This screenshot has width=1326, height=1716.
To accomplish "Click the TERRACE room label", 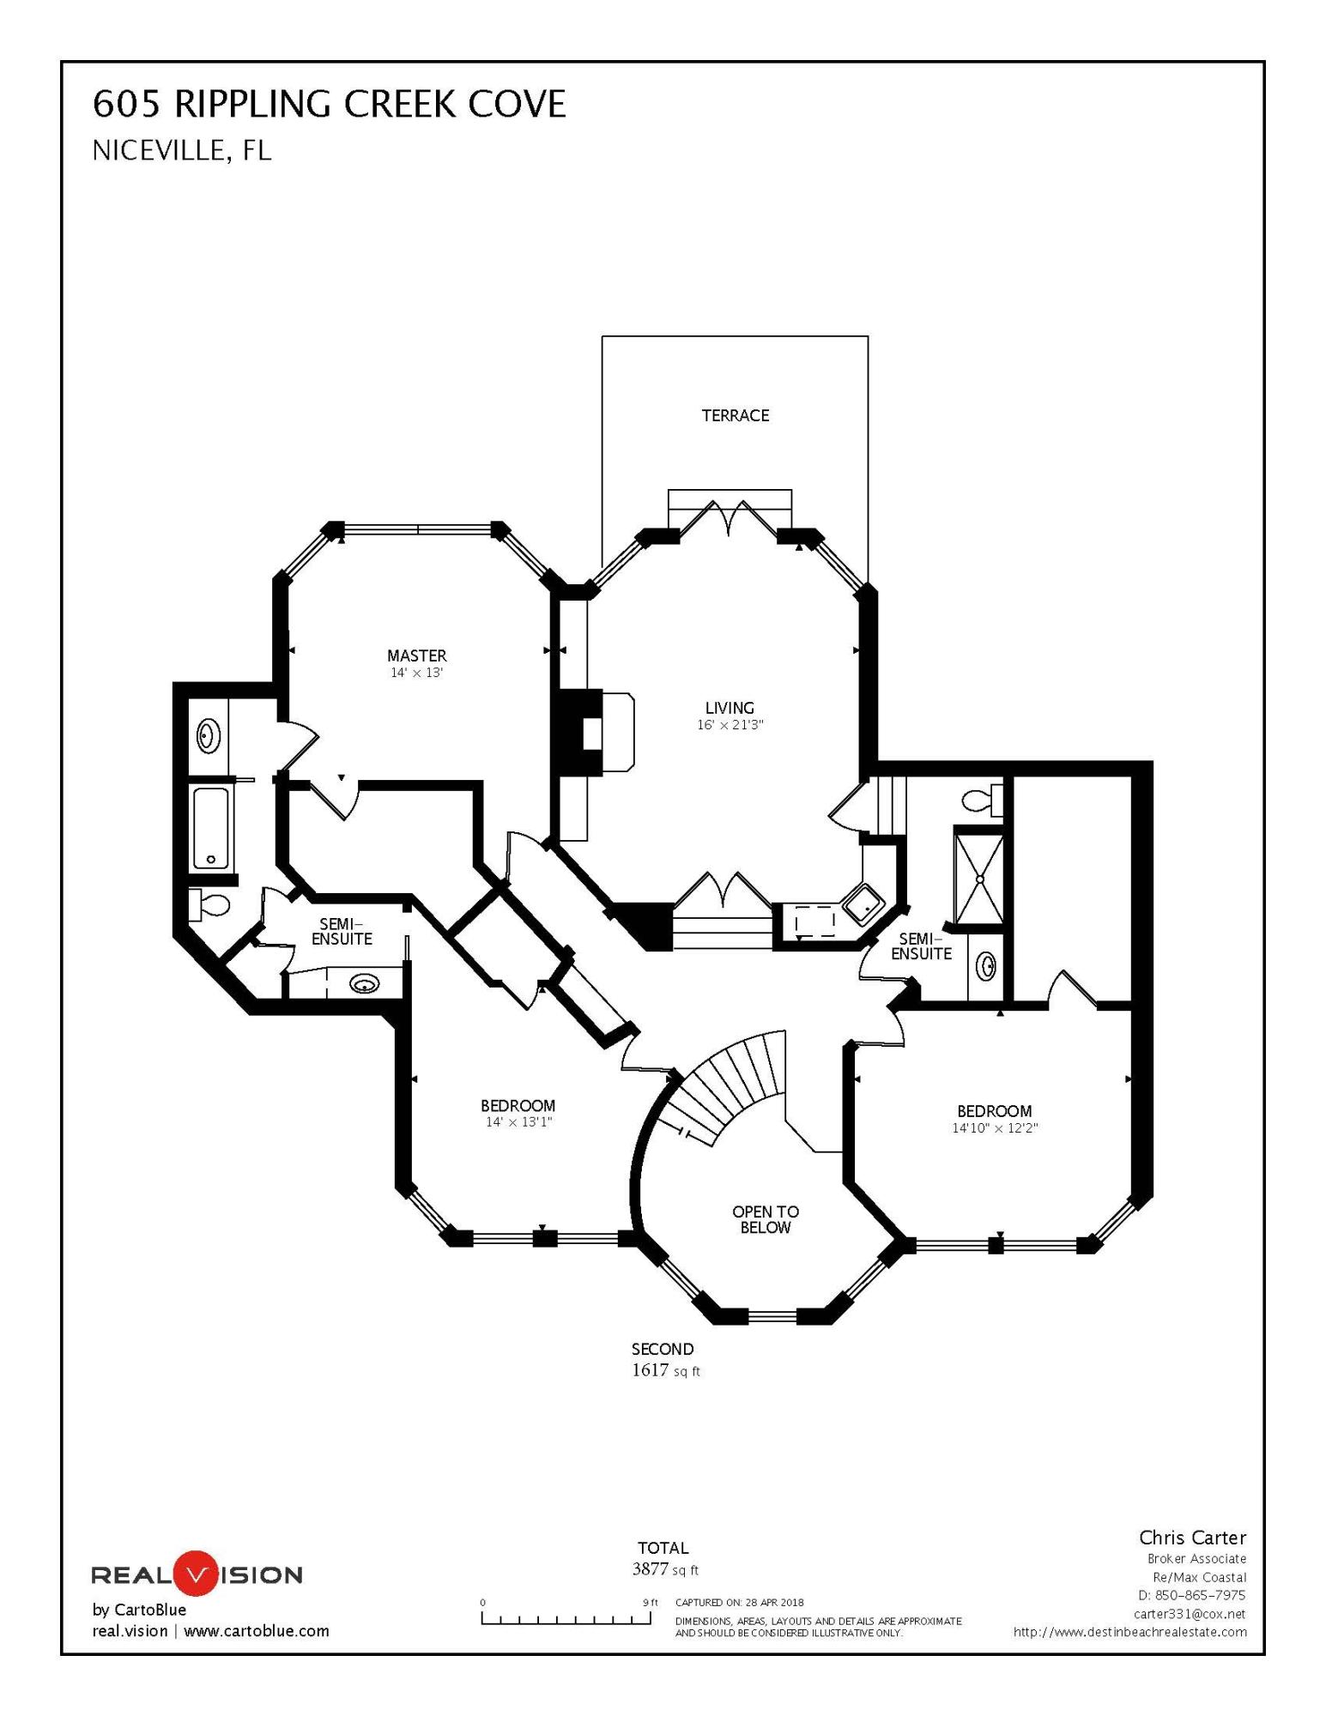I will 735,415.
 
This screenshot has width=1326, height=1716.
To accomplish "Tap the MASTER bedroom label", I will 416,656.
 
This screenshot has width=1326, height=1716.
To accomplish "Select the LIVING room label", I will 730,708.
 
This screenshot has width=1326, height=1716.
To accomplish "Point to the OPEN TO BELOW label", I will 765,1219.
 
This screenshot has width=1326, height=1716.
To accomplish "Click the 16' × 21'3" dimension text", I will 730,725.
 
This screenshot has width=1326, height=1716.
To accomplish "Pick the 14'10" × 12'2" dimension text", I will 994,1128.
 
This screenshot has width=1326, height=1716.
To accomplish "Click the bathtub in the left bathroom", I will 210,828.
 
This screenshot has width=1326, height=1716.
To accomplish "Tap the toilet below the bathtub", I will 209,903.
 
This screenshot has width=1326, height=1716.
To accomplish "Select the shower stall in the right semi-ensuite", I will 978,878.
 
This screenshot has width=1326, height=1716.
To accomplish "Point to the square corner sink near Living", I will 862,903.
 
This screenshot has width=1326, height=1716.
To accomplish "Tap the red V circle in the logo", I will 197,1574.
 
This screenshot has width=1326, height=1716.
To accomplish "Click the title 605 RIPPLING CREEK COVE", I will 329,105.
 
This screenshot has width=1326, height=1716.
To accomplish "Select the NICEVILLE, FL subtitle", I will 181,151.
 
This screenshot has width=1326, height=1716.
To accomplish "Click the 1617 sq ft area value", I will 665,1370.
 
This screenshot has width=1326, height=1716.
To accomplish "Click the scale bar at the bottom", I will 566,1619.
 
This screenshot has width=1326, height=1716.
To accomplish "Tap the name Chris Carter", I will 1192,1538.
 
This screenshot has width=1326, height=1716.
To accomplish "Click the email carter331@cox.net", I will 1189,1614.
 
